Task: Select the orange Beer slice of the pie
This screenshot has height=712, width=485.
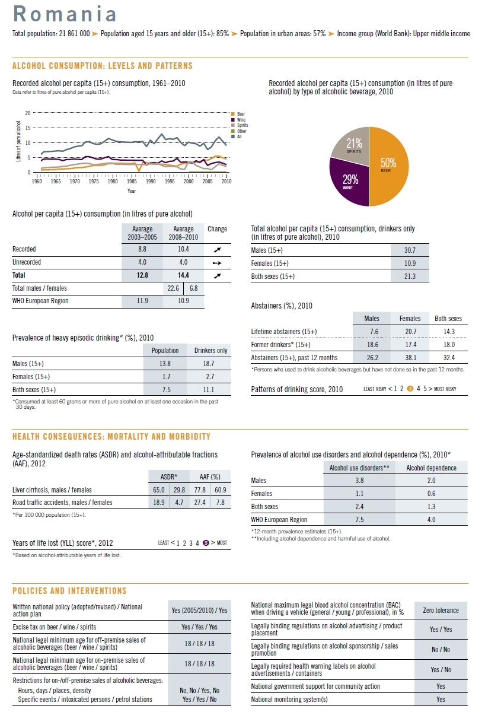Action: [389, 166]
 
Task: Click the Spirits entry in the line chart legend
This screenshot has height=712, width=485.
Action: [241, 125]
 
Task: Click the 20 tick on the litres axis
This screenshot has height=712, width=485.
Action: [27, 113]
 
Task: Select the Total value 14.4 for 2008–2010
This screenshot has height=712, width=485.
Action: [183, 275]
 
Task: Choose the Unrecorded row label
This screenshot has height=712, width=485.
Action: [27, 262]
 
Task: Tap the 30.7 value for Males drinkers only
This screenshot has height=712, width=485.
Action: [409, 250]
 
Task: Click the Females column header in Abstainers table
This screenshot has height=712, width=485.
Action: [410, 319]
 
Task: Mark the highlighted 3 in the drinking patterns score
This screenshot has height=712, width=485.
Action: [410, 389]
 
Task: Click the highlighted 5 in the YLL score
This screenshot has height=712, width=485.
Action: [205, 542]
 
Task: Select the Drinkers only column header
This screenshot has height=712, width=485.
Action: [210, 351]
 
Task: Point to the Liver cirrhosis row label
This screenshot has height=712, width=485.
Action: [52, 490]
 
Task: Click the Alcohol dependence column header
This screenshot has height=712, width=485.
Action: [431, 468]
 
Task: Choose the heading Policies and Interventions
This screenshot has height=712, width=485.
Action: [69, 591]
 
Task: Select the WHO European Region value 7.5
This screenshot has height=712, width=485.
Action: [359, 520]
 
